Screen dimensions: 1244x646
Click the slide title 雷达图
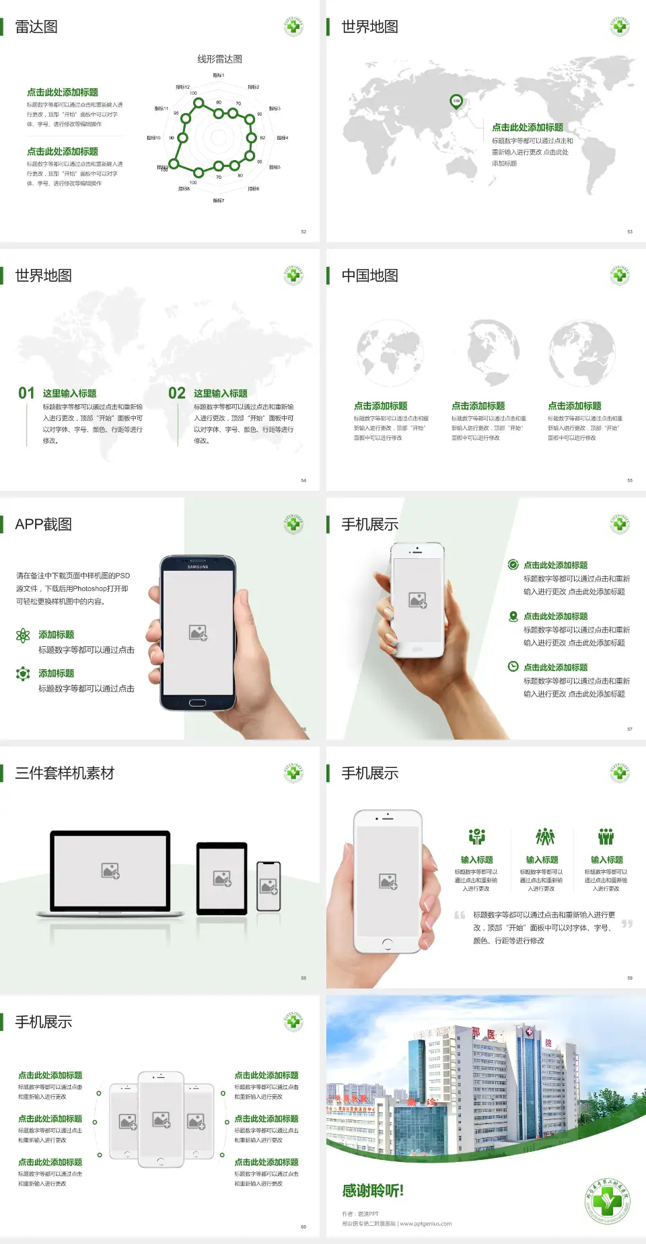coord(36,27)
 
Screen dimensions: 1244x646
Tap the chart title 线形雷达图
coord(219,59)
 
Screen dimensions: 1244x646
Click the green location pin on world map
coord(456,102)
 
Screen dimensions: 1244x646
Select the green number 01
coord(26,393)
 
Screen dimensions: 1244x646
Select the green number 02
coord(177,393)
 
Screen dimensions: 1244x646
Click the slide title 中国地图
coord(369,276)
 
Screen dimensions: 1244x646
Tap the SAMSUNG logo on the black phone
coord(198,567)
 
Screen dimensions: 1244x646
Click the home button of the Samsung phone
coord(197,703)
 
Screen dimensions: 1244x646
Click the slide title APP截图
coord(44,524)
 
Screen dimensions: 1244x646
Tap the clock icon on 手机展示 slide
coord(513,666)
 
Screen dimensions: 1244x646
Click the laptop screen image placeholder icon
coord(110,871)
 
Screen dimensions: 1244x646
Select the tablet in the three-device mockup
coord(222,878)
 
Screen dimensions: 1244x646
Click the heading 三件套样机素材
coord(65,773)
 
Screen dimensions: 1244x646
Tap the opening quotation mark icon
coord(460,915)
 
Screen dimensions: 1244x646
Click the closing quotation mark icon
coord(626,924)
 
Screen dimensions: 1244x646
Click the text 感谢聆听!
coord(373,1191)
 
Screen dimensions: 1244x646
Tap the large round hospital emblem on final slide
coord(608,1202)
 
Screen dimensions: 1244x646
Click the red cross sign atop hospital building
coord(529,1032)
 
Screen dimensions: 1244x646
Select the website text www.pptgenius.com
coord(426,1224)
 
